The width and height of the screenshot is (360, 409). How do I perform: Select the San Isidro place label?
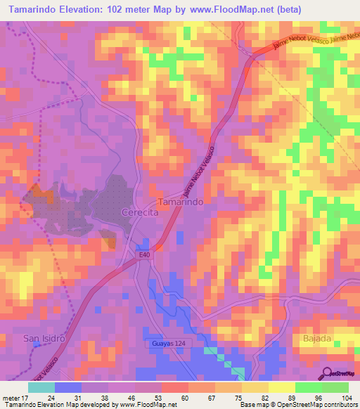(44, 337)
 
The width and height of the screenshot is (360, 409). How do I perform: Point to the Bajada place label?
(317, 338)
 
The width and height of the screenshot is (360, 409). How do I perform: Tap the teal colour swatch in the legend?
(41, 387)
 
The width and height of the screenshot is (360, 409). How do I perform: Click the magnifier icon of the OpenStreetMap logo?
(327, 373)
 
